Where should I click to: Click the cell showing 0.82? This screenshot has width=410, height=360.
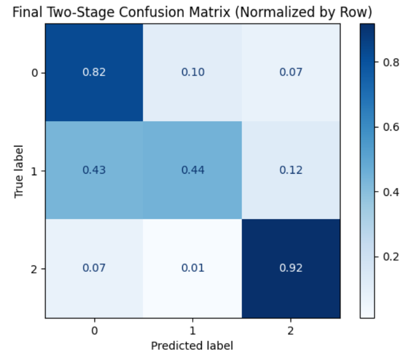click(94, 73)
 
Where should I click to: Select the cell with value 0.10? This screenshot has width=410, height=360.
click(192, 73)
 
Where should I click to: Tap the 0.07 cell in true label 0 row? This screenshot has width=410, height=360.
click(291, 73)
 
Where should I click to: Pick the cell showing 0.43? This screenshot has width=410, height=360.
click(94, 170)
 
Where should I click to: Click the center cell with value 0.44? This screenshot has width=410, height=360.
click(192, 170)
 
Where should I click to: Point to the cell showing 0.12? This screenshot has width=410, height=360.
click(291, 170)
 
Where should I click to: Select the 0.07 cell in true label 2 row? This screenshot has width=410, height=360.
click(94, 268)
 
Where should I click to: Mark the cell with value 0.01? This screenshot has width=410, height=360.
click(192, 268)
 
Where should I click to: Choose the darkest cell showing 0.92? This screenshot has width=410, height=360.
click(291, 268)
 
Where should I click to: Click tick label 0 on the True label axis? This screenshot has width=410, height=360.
click(36, 73)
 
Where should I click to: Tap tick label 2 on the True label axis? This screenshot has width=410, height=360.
click(36, 268)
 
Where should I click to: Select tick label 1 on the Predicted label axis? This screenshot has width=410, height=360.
click(192, 330)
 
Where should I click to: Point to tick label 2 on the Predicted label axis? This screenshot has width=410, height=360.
click(291, 330)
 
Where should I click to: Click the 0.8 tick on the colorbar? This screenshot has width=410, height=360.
click(387, 62)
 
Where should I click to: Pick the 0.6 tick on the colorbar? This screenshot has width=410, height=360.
click(387, 127)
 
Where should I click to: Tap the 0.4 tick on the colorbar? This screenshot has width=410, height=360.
click(387, 192)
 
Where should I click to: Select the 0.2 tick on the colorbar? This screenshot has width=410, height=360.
click(387, 256)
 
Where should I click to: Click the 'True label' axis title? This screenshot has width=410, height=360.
click(19, 170)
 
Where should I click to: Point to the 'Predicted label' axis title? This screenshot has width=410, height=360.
click(192, 346)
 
